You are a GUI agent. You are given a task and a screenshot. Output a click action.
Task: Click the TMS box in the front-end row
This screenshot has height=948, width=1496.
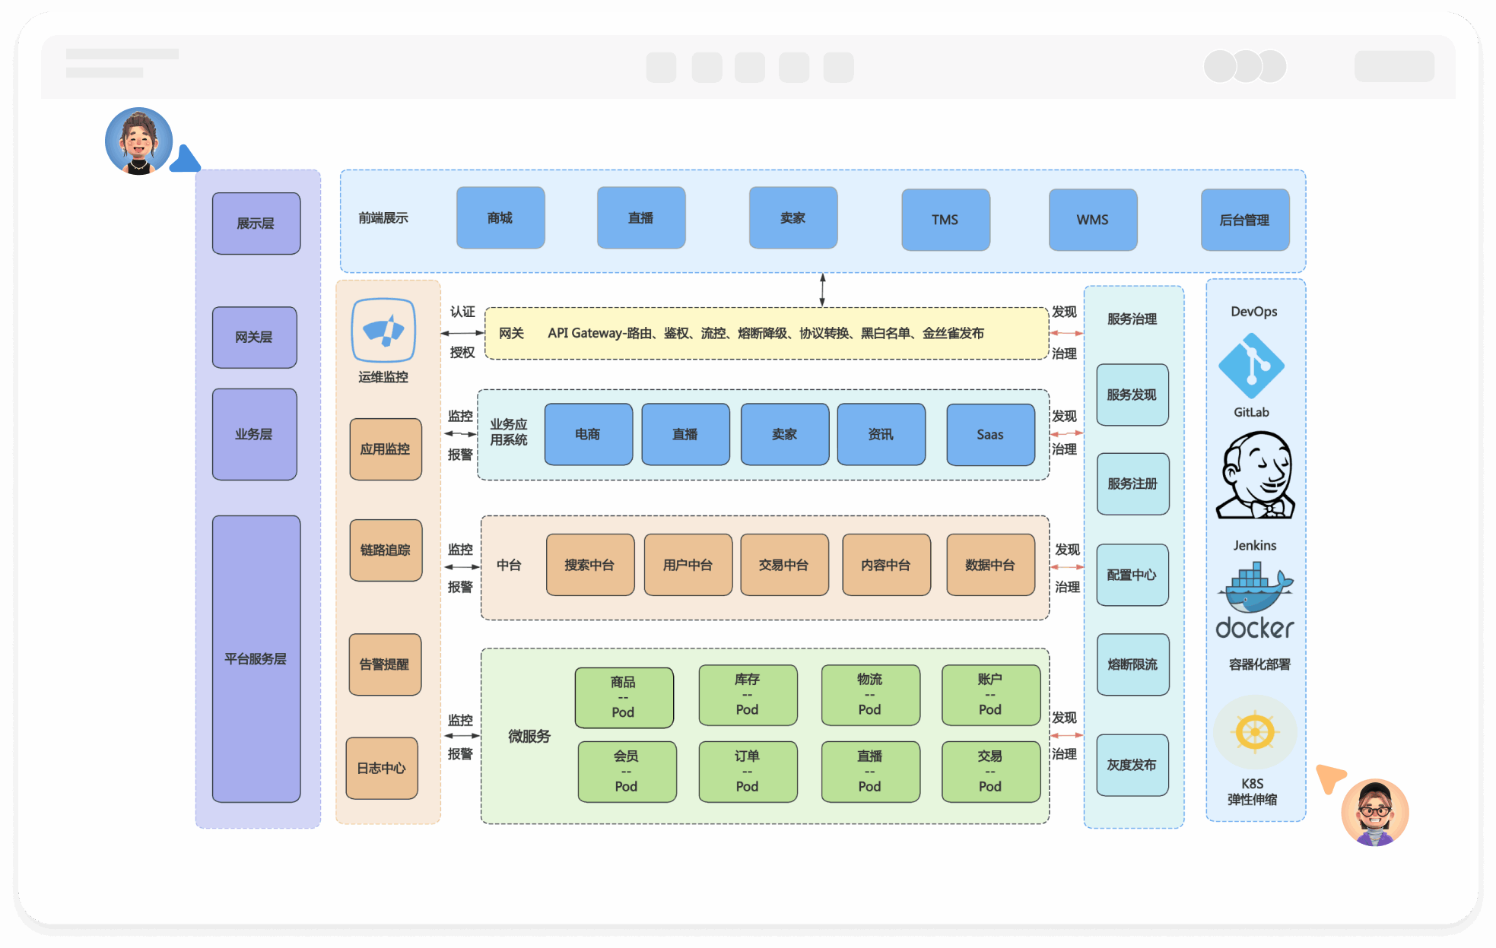945,220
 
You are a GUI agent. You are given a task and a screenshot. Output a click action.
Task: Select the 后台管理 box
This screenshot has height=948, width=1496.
1244,220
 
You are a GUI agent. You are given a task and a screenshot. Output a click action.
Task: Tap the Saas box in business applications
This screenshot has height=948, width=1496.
989,434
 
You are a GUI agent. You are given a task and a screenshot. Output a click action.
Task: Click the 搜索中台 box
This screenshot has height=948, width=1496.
589,565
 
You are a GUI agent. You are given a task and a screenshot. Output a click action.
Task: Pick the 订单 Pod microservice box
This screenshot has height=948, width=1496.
747,771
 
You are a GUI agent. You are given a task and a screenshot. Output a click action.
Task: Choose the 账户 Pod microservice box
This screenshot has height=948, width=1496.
989,694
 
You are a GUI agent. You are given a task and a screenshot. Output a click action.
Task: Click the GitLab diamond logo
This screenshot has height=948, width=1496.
1251,366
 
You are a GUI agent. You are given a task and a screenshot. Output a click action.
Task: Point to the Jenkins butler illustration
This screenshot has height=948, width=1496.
1256,476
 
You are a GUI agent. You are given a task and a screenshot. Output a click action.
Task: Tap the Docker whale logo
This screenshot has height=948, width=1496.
1255,589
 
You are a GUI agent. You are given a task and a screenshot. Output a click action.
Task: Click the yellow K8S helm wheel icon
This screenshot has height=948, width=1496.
1255,732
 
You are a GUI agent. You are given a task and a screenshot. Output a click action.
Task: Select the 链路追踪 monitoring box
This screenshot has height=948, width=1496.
386,550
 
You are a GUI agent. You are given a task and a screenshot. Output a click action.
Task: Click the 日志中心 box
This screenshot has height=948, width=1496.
381,768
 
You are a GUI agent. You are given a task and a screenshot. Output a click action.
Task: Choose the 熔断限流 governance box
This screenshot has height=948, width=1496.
1132,664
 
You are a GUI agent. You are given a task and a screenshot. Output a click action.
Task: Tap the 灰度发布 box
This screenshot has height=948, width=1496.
1132,765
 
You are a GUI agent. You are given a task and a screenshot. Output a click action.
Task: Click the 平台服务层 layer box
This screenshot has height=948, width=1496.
256,658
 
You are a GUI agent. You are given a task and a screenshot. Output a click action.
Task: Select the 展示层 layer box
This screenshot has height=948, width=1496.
256,224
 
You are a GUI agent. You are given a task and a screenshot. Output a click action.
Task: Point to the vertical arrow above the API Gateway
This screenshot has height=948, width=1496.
822,290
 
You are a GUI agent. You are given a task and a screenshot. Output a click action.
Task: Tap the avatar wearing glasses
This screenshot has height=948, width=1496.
1374,812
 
